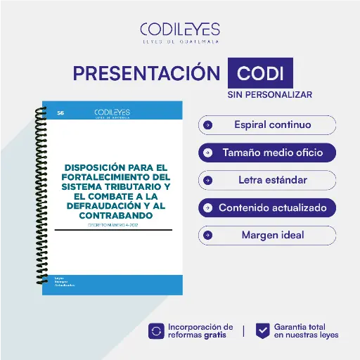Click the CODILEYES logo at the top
pos(180,32)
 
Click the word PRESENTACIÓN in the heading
pos(146,74)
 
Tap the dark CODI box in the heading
pos(260,74)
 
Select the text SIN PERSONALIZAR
pos(269,94)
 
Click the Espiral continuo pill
pos(267,125)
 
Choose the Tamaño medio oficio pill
pos(267,152)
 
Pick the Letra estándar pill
pos(267,180)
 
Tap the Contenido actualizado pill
pos(267,207)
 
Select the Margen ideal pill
pos(267,235)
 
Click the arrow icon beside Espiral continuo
pos(207,125)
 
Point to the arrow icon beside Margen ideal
pos(207,235)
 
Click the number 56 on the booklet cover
pos(60,112)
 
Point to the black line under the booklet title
pos(113,230)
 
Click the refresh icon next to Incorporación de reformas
pos(156,330)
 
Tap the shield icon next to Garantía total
pos(262,330)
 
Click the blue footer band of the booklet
pos(112,282)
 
